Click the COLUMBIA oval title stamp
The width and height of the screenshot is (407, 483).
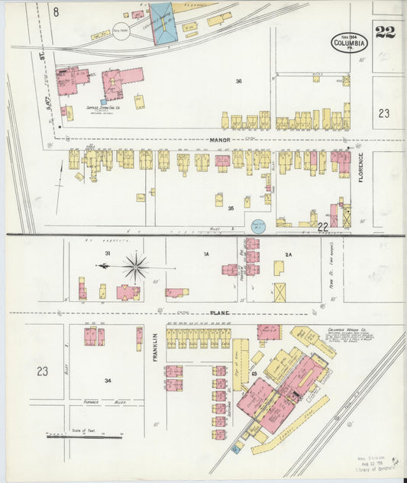click(349, 43)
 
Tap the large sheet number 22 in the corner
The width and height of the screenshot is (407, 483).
click(385, 32)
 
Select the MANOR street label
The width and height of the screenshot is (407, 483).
click(221, 140)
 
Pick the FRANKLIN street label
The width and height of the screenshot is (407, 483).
click(154, 348)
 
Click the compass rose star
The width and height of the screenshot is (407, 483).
click(136, 267)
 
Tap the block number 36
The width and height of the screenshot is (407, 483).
click(238, 81)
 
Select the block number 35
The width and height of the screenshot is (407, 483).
click(230, 208)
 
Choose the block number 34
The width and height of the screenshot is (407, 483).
click(108, 380)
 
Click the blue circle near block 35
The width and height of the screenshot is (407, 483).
click(257, 225)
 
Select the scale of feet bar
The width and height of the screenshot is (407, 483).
click(84, 436)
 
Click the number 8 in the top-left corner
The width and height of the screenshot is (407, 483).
click(56, 11)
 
